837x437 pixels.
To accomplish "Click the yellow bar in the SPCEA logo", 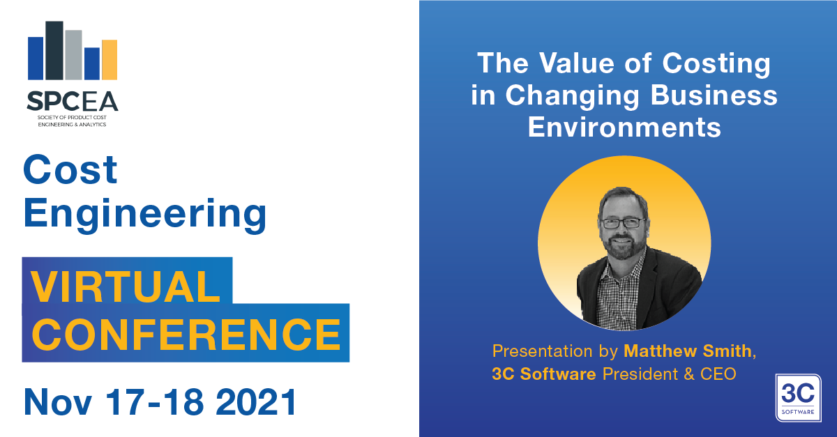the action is click(x=110, y=60).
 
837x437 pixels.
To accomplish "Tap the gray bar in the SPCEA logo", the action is click(x=73, y=55).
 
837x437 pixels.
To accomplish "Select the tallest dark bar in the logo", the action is click(x=54, y=50).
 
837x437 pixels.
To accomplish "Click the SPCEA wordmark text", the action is click(x=73, y=101).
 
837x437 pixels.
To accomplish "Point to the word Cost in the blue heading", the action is click(x=70, y=169).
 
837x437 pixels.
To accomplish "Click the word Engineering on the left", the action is click(x=145, y=214).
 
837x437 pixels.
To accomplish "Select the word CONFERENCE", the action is click(x=186, y=335).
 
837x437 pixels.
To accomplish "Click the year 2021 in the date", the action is click(x=257, y=402).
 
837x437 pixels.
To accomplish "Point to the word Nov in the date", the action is click(x=58, y=402).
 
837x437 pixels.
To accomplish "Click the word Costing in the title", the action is click(x=716, y=64).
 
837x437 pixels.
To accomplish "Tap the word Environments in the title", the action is click(x=624, y=128).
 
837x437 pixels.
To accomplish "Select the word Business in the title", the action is click(x=714, y=95).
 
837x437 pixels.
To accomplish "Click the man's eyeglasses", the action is click(x=622, y=223).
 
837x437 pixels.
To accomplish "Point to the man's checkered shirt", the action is click(x=617, y=295).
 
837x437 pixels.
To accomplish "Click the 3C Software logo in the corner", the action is click(x=798, y=398).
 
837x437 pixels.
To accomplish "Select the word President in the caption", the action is click(x=640, y=374).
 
